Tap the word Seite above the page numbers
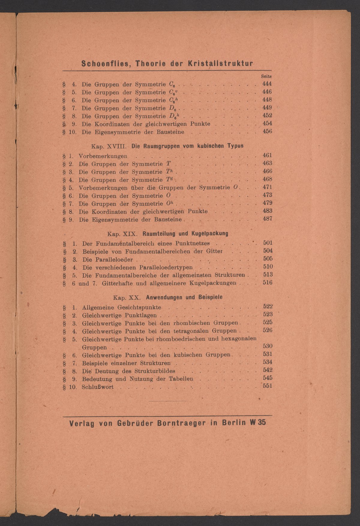(x=266, y=77)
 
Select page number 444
(x=267, y=84)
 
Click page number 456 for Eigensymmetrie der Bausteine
(x=267, y=131)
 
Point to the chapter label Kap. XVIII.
(x=110, y=146)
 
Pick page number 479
(x=267, y=203)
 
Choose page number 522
(x=268, y=306)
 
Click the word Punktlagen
(x=141, y=315)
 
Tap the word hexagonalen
(x=238, y=339)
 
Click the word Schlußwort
(x=98, y=387)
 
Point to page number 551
(x=268, y=386)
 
